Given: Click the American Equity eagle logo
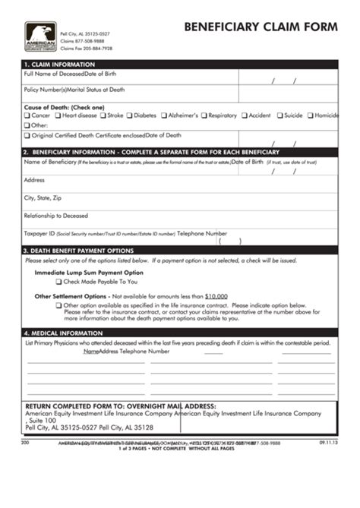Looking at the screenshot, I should tap(40, 37).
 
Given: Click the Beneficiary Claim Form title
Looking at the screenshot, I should tap(260, 27).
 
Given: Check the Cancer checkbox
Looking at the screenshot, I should tap(27, 115).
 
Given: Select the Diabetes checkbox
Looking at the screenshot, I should tap(130, 115).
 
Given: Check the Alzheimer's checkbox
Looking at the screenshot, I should tap(163, 115).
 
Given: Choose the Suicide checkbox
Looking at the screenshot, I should tap(279, 115).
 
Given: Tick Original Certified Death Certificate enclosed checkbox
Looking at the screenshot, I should tap(27, 135).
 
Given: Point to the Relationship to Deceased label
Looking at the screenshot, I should tap(56, 215).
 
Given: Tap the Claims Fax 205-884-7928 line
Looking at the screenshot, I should tap(86, 49).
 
